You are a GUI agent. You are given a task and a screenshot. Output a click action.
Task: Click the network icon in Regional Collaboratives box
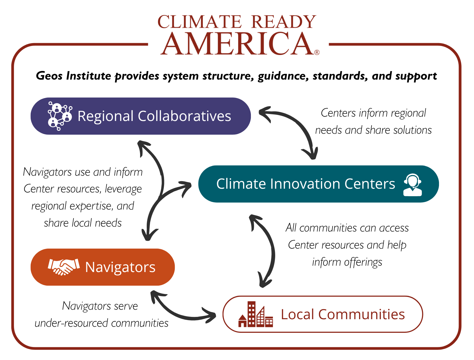tap(60, 116)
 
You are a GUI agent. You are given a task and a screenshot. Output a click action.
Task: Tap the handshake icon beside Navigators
tap(64, 267)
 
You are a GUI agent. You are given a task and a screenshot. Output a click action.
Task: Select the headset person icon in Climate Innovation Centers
tap(412, 185)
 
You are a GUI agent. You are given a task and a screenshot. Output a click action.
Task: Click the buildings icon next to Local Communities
tap(256, 314)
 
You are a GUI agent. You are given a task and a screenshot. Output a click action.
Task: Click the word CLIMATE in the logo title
tap(199, 22)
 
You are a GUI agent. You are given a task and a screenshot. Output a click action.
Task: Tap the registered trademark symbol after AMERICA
tap(317, 52)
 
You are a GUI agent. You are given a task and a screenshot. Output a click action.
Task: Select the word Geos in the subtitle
tap(49, 76)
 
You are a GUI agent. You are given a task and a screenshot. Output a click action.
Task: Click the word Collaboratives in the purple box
tap(184, 116)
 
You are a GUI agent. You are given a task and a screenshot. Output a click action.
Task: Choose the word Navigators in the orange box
tap(120, 267)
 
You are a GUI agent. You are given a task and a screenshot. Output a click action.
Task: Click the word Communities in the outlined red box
tap(361, 314)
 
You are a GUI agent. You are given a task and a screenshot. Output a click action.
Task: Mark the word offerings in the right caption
tap(363, 262)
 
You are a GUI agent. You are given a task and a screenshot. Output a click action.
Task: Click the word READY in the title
tap(284, 22)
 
